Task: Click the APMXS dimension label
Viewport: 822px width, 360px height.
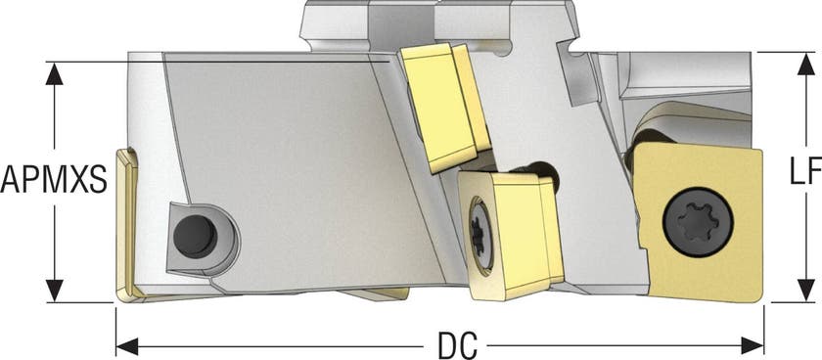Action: [54, 178]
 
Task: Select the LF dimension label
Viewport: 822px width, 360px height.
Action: [805, 172]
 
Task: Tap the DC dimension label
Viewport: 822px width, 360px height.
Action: [457, 346]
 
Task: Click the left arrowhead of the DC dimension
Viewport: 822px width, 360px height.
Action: [127, 346]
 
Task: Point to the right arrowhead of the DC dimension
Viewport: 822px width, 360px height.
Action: [753, 346]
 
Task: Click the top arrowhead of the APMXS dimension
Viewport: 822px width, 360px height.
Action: [54, 73]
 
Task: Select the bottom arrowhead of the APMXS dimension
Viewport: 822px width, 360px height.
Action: [54, 291]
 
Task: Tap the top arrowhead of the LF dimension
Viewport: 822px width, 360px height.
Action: [805, 64]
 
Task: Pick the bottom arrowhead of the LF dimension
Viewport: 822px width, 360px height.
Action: [805, 291]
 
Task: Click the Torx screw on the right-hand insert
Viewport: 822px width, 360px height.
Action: [698, 222]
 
